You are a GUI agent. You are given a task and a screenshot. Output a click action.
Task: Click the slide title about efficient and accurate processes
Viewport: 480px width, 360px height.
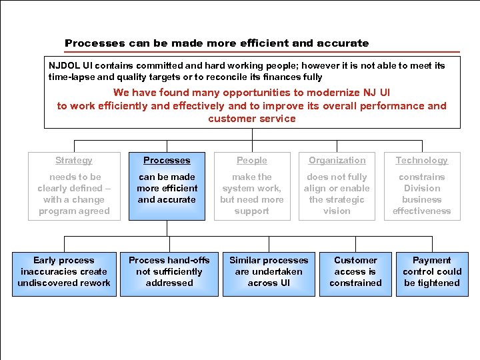[x=217, y=43]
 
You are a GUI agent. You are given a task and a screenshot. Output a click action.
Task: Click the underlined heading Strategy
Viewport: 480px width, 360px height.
[x=74, y=161]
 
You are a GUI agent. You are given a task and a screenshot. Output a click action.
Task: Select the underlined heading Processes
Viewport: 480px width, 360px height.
[x=167, y=161]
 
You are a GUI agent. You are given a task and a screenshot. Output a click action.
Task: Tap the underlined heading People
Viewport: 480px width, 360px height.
[x=252, y=161]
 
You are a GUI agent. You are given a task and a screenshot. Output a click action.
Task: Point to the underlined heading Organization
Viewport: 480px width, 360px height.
[x=337, y=161]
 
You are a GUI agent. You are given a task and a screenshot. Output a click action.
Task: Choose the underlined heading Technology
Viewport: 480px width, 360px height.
[x=422, y=161]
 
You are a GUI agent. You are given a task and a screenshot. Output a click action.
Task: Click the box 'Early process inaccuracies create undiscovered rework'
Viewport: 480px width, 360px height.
[x=64, y=272]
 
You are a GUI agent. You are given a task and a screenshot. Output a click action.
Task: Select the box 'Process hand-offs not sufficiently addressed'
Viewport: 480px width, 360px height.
[x=169, y=272]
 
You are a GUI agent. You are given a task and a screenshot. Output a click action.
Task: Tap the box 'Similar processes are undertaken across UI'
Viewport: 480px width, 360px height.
[x=269, y=272]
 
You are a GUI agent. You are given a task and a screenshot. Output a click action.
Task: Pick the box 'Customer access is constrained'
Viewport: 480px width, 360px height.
[x=355, y=272]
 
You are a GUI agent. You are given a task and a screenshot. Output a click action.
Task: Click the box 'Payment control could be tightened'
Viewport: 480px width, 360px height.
[x=432, y=272]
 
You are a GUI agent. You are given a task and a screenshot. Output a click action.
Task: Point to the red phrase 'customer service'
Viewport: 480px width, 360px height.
[x=252, y=119]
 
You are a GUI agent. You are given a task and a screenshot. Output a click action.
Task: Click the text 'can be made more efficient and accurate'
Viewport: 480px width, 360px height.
[x=167, y=189]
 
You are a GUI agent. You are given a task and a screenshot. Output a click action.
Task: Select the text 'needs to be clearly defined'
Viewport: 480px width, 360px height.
[x=74, y=183]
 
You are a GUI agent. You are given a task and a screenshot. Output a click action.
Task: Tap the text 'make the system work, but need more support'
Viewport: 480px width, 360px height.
[x=252, y=194]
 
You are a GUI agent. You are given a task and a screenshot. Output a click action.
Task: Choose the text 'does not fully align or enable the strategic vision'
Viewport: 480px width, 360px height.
[x=337, y=194]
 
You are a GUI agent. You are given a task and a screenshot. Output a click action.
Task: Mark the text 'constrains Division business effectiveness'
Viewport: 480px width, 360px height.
[x=422, y=194]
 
